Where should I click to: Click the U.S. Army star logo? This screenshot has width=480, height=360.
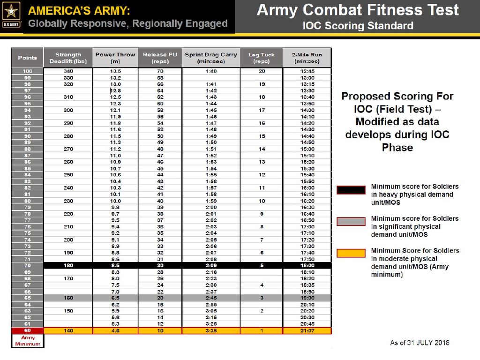pos(11,13)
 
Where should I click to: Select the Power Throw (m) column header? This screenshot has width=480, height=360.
pos(115,58)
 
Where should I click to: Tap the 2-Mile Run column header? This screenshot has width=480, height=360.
pos(307,58)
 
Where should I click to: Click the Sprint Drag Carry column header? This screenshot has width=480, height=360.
pos(211,58)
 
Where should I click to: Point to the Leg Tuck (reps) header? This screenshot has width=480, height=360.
pos(261,58)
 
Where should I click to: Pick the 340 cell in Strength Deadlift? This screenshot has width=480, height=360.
pos(68,71)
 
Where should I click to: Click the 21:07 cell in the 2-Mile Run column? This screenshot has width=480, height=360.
pos(307,330)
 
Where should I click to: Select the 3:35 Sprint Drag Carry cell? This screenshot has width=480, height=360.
pos(211,330)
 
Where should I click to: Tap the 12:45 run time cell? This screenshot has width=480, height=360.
pos(307,71)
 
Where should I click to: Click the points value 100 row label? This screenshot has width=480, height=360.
pos(27,71)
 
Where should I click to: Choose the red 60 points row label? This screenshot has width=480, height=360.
pos(27,330)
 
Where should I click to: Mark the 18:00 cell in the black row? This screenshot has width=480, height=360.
pos(307,265)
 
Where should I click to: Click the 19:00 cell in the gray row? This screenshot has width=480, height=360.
pos(307,298)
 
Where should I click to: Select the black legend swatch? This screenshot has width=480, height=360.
pos(351,190)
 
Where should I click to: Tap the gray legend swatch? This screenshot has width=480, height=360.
pos(351,222)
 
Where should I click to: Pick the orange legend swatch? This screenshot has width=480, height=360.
pos(351,253)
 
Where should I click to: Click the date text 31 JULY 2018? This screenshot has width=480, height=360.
pos(426,343)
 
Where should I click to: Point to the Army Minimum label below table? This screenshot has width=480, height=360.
pos(28,341)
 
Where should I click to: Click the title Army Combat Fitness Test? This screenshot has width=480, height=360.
pos(358,10)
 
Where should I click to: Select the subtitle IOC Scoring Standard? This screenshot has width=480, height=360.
pos(358,25)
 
